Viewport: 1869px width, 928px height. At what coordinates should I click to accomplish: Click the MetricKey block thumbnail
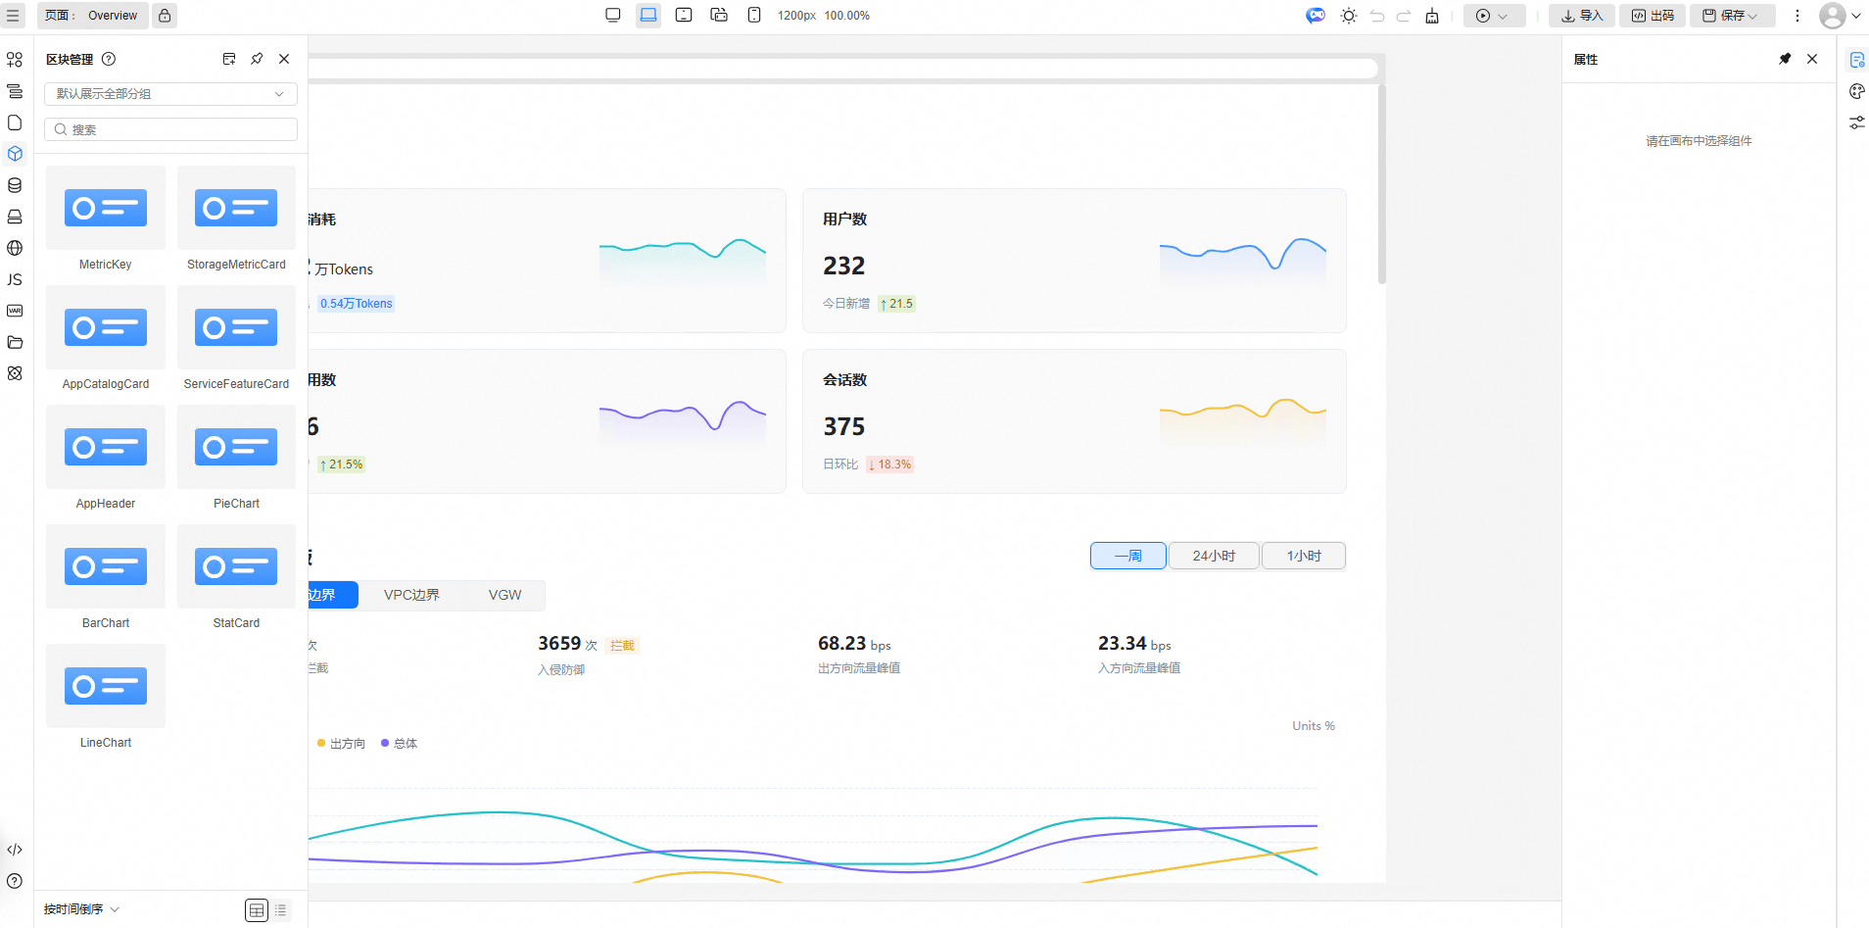[106, 208]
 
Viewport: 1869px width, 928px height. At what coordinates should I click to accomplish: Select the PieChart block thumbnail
[236, 447]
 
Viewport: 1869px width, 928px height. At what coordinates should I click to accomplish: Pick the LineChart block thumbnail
[106, 686]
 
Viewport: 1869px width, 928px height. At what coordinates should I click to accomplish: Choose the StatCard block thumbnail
[236, 566]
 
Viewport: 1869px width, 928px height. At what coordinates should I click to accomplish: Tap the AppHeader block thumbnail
[106, 447]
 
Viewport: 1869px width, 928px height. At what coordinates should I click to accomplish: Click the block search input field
[170, 129]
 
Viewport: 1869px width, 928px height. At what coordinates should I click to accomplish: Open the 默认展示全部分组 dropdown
[170, 94]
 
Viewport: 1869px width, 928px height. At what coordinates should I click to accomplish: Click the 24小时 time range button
[1214, 556]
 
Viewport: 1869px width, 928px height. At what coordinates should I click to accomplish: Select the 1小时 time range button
[1304, 556]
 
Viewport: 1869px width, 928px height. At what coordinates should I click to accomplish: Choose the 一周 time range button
[1128, 556]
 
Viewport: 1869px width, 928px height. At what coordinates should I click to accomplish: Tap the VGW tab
[504, 595]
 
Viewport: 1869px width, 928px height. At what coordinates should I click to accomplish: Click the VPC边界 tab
[411, 595]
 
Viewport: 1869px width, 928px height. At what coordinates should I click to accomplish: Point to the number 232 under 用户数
[843, 266]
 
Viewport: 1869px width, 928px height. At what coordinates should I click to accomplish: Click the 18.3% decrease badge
[889, 464]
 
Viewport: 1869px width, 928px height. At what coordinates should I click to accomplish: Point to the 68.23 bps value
[854, 644]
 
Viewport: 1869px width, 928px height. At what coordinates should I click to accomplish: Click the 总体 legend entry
[400, 744]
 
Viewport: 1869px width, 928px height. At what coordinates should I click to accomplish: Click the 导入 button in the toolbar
[1582, 16]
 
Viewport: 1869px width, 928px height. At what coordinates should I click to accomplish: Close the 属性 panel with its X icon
[1812, 59]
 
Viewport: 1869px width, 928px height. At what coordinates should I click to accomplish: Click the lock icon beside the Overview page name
[165, 16]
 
